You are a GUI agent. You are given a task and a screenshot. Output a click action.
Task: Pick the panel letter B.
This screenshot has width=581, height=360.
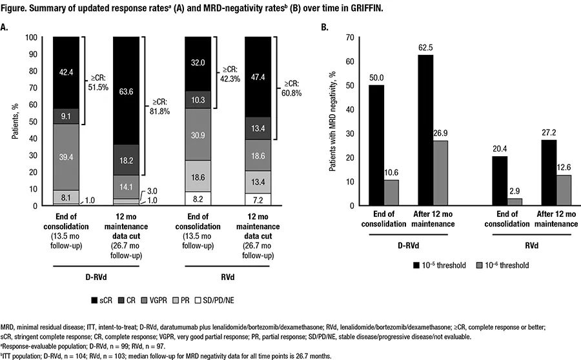click(325, 27)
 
